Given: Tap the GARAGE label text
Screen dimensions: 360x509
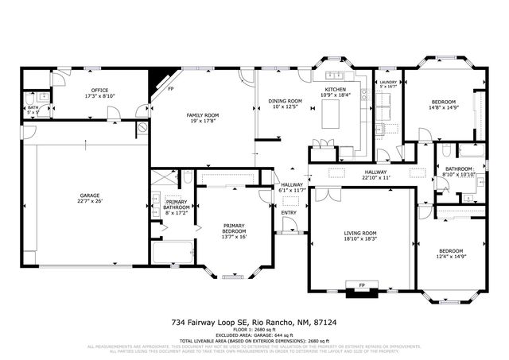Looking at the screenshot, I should point(89,194).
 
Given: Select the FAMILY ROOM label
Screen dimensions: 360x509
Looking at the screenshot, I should point(203,115).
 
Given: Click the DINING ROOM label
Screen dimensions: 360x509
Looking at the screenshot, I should point(286,101).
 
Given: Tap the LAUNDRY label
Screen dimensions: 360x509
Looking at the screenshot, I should point(388,82).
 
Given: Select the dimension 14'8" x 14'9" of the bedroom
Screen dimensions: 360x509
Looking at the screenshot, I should point(444,109).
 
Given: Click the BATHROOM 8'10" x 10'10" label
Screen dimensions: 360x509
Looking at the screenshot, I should point(458,169).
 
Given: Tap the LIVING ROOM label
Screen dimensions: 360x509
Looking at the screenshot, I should point(359,233).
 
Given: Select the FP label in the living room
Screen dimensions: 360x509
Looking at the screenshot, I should point(362,285).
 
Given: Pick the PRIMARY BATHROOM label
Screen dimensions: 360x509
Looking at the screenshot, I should point(177,203).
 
